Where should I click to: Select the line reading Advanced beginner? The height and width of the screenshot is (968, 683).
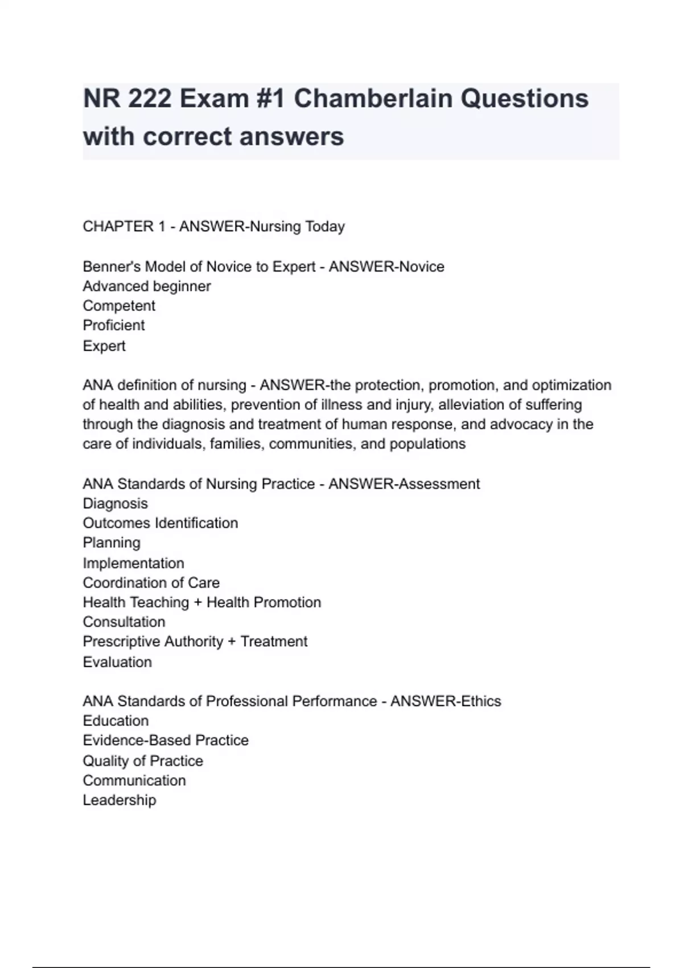tap(147, 286)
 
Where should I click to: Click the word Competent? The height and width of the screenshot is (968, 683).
tap(119, 306)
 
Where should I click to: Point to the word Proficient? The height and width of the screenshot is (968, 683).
tap(114, 325)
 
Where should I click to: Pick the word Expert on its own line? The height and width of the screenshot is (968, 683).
tap(104, 346)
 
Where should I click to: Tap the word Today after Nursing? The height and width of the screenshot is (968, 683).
tap(325, 227)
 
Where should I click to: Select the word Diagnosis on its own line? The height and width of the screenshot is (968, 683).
tap(116, 503)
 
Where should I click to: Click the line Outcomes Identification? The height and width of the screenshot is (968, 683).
tap(161, 523)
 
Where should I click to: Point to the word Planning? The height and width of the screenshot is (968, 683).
tap(112, 543)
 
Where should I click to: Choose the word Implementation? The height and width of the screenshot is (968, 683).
tap(134, 563)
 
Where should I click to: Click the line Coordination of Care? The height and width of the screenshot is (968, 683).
tap(151, 583)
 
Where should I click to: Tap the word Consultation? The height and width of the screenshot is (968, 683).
tap(124, 622)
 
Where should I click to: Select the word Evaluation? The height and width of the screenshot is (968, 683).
tap(117, 662)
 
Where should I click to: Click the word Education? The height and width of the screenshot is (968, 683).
tap(116, 720)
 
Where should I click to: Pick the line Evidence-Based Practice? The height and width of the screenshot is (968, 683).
tap(166, 740)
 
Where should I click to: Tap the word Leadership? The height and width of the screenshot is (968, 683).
tap(120, 800)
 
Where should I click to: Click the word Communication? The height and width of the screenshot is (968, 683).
tap(134, 780)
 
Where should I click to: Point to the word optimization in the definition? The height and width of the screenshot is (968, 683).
tap(571, 385)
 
